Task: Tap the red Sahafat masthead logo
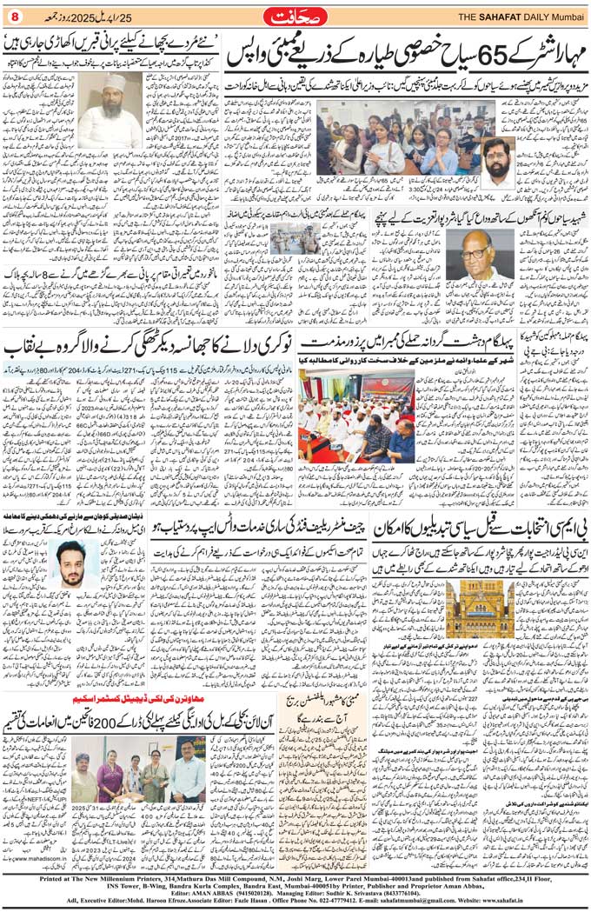(x=296, y=15)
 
